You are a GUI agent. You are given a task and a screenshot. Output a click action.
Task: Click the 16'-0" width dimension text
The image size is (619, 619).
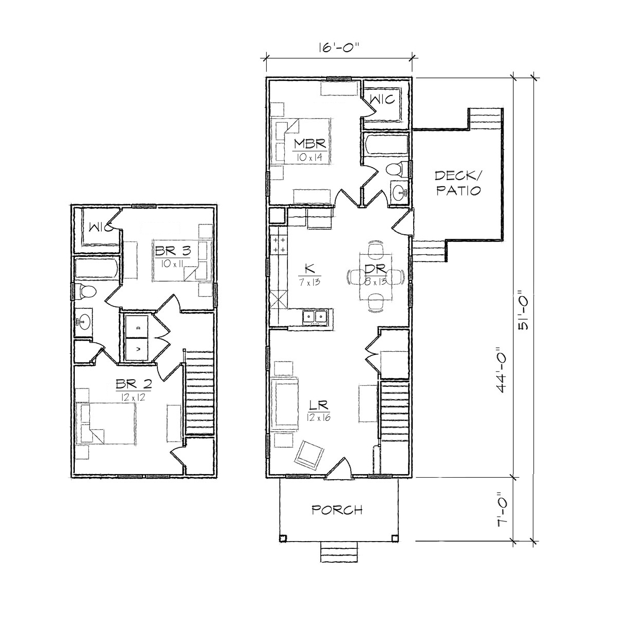click(x=338, y=47)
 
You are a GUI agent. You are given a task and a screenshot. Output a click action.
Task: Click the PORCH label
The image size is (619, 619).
click(x=337, y=510)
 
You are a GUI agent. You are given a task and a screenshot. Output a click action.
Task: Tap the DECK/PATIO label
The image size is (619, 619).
click(x=458, y=184)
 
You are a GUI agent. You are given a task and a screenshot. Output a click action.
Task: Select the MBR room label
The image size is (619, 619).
click(x=309, y=144)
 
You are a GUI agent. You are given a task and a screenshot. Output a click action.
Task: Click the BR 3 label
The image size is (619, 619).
click(x=173, y=251)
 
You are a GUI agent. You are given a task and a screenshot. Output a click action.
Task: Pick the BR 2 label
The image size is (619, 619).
click(x=133, y=384)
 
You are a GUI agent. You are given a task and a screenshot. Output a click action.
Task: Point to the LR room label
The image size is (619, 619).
click(x=319, y=405)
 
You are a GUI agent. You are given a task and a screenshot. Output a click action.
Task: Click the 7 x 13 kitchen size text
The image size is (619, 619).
click(x=309, y=282)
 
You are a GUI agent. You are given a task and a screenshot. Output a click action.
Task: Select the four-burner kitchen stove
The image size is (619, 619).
click(x=279, y=245)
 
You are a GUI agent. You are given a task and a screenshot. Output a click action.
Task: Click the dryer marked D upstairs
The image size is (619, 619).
click(x=138, y=327)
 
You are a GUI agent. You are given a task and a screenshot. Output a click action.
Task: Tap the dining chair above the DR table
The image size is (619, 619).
click(x=376, y=248)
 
